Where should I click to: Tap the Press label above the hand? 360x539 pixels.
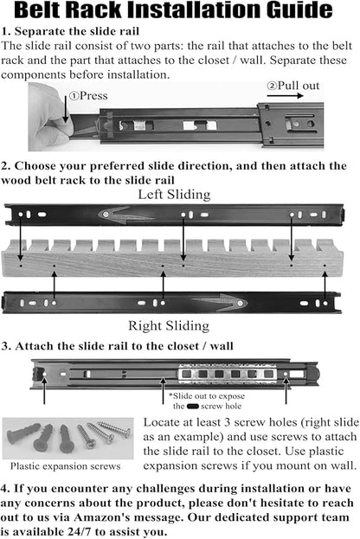(88, 95)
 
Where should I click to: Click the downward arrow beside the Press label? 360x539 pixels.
(65, 109)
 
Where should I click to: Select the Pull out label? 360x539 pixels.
(293, 86)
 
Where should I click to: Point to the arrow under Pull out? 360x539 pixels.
(285, 95)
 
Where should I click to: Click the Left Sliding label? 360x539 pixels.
(174, 195)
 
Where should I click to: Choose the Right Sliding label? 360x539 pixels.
(169, 325)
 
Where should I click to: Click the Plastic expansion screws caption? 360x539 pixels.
(65, 466)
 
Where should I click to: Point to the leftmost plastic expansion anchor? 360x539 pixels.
(23, 433)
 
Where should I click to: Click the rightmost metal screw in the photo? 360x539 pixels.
(114, 429)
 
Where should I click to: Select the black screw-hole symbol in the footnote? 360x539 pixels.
(193, 407)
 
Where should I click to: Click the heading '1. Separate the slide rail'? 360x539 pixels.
(70, 31)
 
